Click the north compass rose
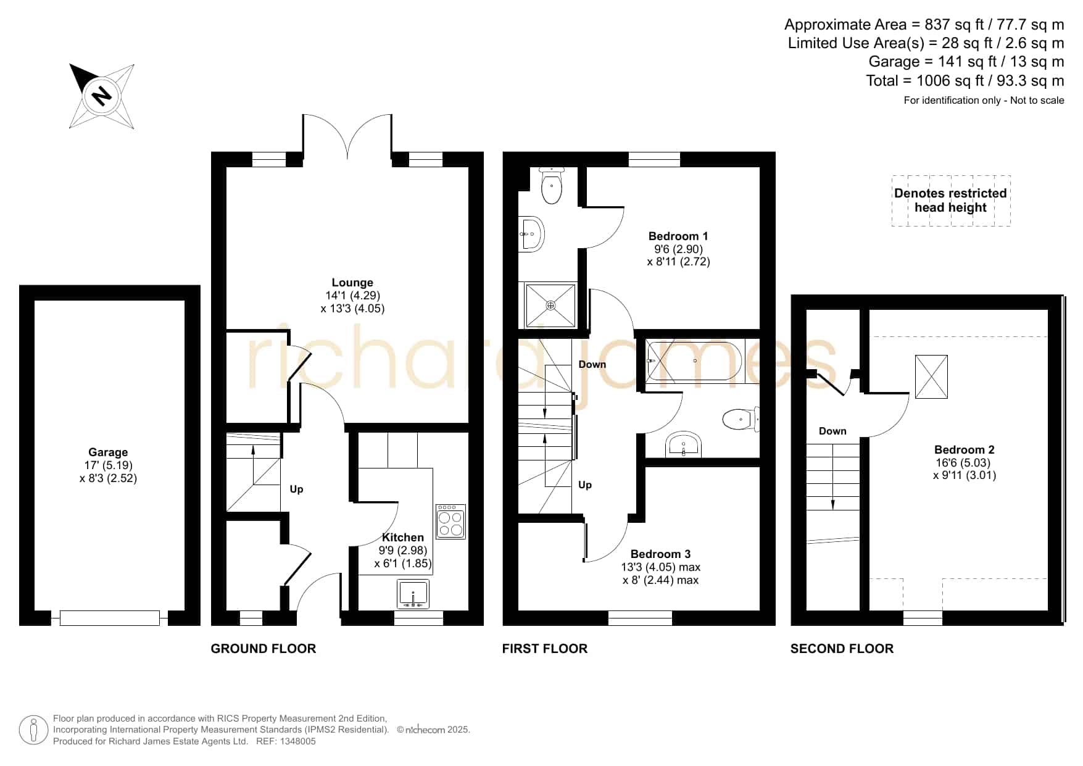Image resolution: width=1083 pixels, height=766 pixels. click(x=102, y=96)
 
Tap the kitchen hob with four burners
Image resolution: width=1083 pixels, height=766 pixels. click(x=450, y=522)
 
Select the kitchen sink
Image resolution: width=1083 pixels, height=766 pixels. click(x=413, y=594)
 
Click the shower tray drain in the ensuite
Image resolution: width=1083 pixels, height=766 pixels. click(x=551, y=306)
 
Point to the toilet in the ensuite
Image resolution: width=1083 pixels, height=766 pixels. click(x=551, y=185)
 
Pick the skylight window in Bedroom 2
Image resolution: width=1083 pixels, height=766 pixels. click(x=931, y=377)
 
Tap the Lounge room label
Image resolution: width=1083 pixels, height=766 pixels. click(x=352, y=283)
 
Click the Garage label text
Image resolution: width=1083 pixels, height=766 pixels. click(x=108, y=452)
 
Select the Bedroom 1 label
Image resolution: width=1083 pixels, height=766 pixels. click(x=678, y=236)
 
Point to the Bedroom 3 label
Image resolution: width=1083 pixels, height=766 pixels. click(x=660, y=554)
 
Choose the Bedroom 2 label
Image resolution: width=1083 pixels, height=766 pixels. click(x=964, y=449)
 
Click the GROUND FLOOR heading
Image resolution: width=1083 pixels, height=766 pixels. click(x=263, y=648)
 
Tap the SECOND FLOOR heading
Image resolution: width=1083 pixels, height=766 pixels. click(x=842, y=648)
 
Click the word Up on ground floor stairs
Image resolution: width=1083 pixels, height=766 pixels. click(x=296, y=489)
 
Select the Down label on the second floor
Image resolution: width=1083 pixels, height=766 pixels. click(x=832, y=431)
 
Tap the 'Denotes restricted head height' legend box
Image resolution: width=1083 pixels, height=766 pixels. click(x=951, y=201)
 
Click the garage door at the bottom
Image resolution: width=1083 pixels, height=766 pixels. click(x=110, y=617)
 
